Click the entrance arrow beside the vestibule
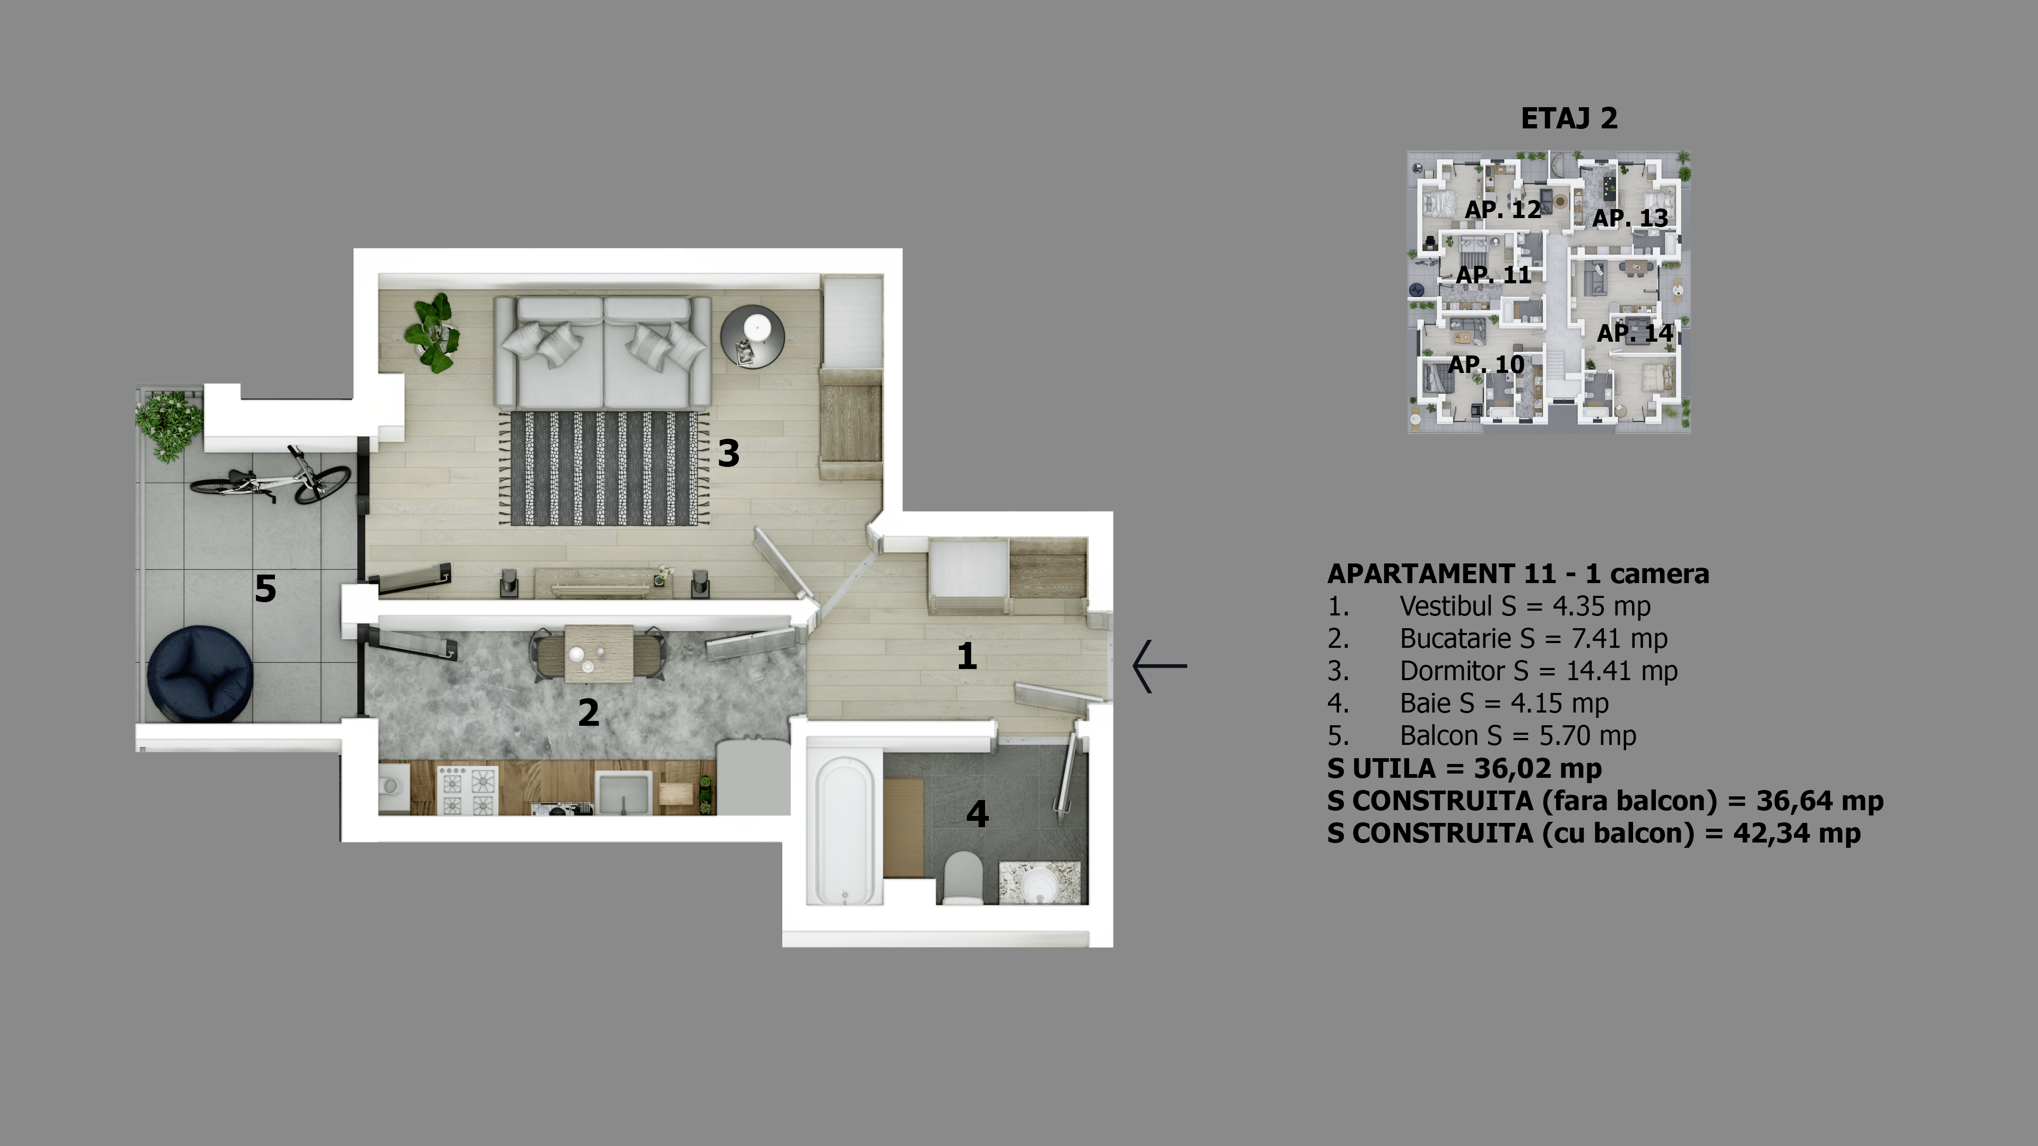[1160, 666]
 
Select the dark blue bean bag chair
[200, 673]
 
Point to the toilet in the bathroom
[963, 878]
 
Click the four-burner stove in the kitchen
[467, 791]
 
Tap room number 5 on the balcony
[265, 588]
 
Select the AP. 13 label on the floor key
[1630, 218]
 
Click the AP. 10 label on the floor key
[1486, 364]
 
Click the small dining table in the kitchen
[598, 653]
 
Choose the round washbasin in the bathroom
[1038, 883]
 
